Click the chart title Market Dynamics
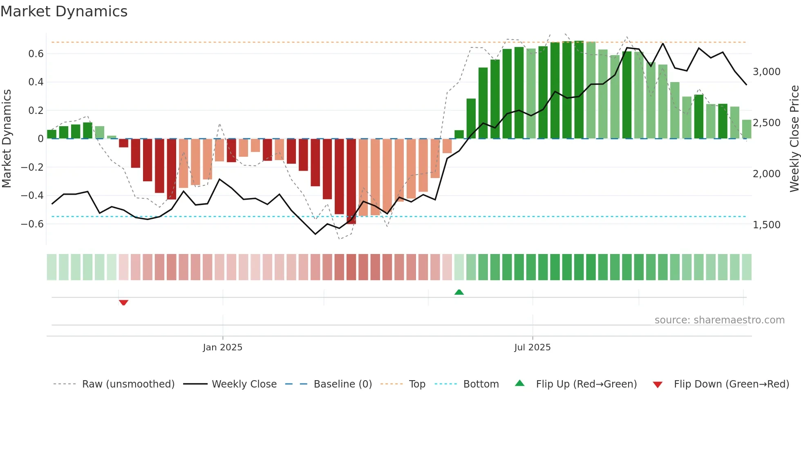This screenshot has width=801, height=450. (64, 11)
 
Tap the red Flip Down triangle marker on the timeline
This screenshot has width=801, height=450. (123, 303)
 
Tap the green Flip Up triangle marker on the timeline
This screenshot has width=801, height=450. (459, 292)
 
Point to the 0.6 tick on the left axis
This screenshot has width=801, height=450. (36, 53)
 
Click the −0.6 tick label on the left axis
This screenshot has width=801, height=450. (32, 224)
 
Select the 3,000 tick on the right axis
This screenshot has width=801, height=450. (766, 71)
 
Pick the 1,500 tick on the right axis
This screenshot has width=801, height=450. (766, 225)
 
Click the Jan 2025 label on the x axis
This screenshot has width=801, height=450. (223, 347)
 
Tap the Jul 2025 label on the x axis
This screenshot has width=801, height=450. (532, 347)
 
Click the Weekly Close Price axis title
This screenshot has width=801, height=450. (794, 138)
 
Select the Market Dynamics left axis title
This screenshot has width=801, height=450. (7, 138)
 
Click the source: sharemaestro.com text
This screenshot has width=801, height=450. (719, 320)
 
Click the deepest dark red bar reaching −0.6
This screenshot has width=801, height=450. (351, 182)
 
